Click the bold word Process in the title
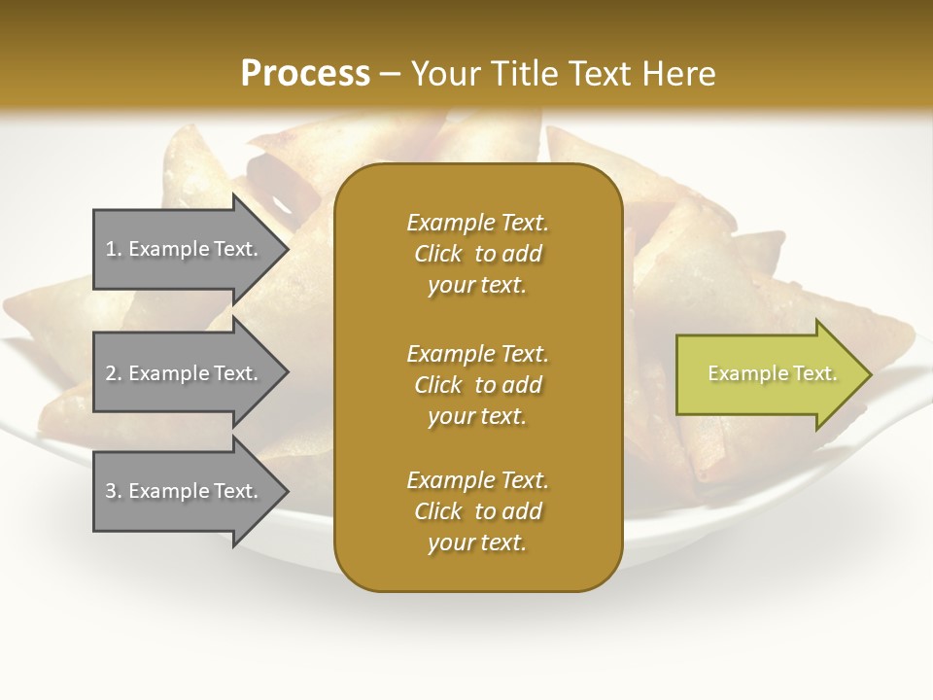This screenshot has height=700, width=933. [305, 74]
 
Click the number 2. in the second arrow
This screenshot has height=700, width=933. [114, 373]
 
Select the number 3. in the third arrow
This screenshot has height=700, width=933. [114, 491]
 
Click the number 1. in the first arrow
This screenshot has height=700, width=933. [114, 249]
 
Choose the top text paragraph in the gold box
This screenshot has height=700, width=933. [477, 254]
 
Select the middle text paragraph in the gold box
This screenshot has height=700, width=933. [477, 384]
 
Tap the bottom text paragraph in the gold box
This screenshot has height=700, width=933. [477, 511]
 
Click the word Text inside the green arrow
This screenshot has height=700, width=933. [815, 373]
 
